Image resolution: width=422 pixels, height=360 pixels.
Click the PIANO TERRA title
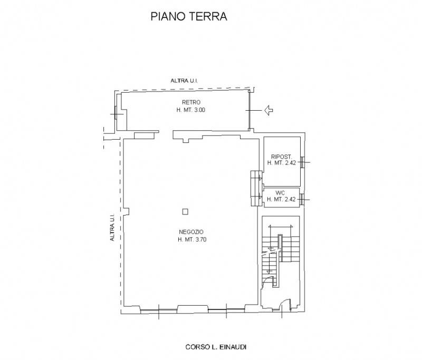pos(189,16)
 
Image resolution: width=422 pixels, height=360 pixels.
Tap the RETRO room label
pos(191,102)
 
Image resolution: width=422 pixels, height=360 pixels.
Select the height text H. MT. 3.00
pos(191,110)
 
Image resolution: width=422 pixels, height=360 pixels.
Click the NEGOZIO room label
pos(191,232)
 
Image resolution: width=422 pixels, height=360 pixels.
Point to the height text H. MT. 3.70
pos(192,239)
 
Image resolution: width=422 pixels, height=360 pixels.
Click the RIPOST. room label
pos(282,157)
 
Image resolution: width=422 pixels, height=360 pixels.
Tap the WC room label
pos(280,193)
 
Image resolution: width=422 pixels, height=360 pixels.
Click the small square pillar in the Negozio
pos(185,212)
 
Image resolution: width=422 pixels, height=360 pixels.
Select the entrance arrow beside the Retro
pos(268,110)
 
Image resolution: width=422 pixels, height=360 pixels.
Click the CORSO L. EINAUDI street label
pos(216,347)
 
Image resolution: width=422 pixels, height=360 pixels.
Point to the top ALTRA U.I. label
pos(184,81)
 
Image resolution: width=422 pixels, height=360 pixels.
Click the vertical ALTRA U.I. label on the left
pos(112,227)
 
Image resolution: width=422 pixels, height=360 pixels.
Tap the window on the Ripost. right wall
pos(303,162)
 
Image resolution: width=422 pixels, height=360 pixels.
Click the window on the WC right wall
pos(303,200)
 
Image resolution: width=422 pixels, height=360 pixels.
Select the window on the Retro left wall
pos(116,114)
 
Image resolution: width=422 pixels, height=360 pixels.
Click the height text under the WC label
pos(281,199)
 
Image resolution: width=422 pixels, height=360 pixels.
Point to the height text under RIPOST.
pos(282,163)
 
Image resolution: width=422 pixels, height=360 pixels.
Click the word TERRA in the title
pos(207,16)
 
